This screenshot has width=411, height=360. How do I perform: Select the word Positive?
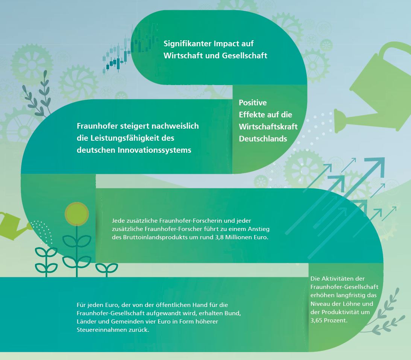(x=253, y=103)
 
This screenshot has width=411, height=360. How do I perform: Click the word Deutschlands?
(x=263, y=139)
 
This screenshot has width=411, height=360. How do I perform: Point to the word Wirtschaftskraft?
(x=268, y=127)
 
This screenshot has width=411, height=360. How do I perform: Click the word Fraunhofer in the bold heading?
(x=97, y=126)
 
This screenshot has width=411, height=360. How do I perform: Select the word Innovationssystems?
(x=155, y=150)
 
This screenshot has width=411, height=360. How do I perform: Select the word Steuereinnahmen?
(x=102, y=330)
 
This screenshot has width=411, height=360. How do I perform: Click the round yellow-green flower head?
(x=77, y=214)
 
